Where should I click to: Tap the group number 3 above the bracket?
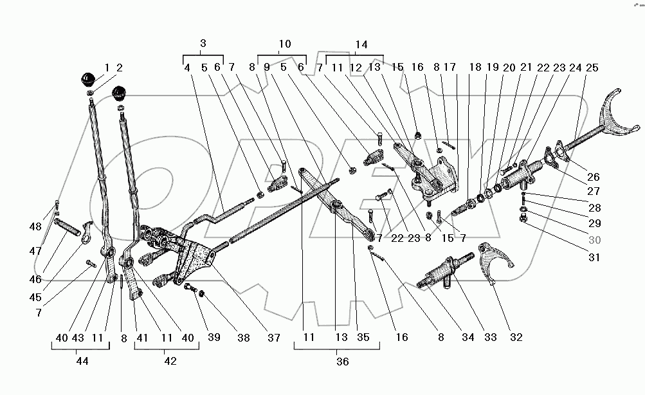tap(203, 44)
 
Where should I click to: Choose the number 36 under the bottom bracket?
tap(342, 362)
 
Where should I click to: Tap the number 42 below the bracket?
tap(170, 362)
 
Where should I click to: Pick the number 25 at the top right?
tap(592, 67)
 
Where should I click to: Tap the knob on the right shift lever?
tap(120, 93)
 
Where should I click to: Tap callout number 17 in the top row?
tap(450, 67)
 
